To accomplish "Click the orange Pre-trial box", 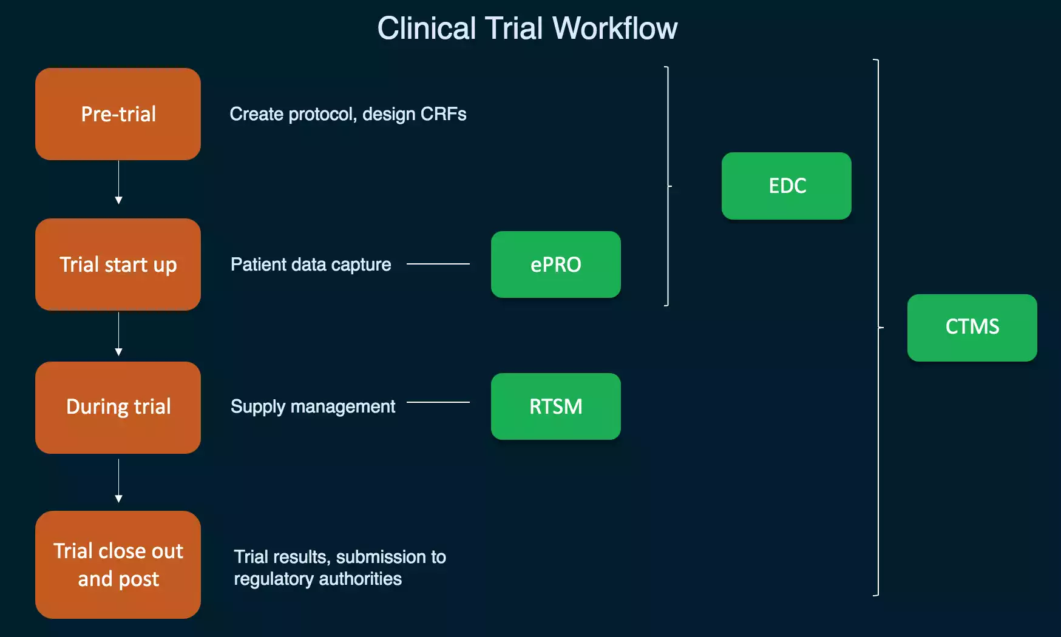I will click(118, 114).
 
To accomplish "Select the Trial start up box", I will click(118, 265).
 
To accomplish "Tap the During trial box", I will click(118, 407).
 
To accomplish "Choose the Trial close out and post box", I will click(118, 564).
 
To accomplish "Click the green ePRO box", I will click(555, 265).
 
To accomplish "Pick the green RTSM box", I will click(555, 406).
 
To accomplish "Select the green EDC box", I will click(786, 186).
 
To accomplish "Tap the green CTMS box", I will click(972, 328).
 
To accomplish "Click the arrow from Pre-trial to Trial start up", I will click(118, 182).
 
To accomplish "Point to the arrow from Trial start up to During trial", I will click(118, 334).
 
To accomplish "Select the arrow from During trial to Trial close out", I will click(118, 480).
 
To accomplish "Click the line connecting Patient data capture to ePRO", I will click(438, 264).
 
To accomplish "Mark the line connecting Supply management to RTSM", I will click(438, 402).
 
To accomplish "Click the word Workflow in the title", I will click(615, 28).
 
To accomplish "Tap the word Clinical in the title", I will click(427, 28).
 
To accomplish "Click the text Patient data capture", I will click(311, 265).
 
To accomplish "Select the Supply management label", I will click(313, 406).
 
